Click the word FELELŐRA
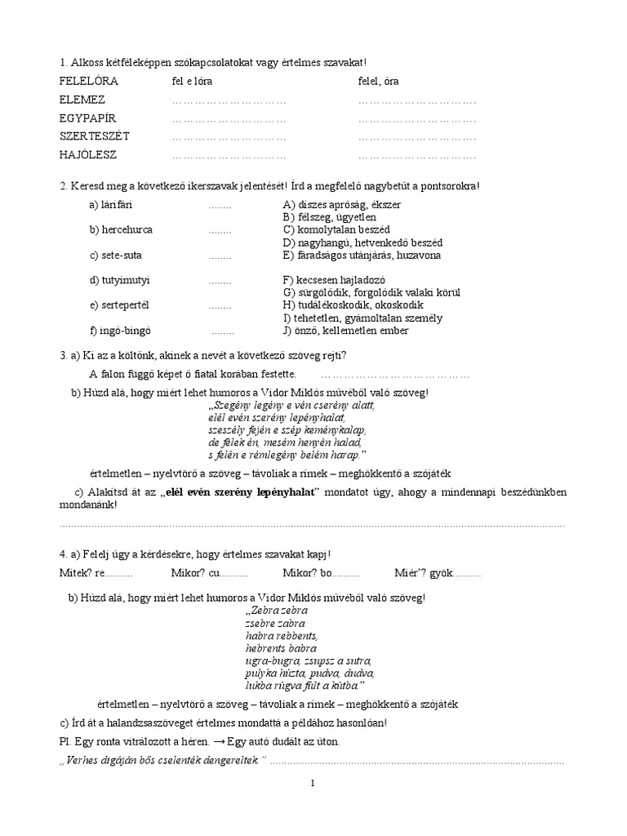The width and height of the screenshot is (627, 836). click(x=89, y=82)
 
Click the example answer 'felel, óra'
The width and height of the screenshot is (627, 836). click(x=379, y=82)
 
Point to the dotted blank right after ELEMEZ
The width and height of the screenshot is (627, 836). click(x=229, y=100)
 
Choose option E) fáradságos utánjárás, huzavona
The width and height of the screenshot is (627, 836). click(x=362, y=256)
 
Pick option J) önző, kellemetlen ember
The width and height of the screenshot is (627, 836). click(x=345, y=331)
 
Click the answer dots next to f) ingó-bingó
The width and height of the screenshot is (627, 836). click(x=223, y=331)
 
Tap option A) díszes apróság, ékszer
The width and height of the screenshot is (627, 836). click(x=341, y=204)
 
